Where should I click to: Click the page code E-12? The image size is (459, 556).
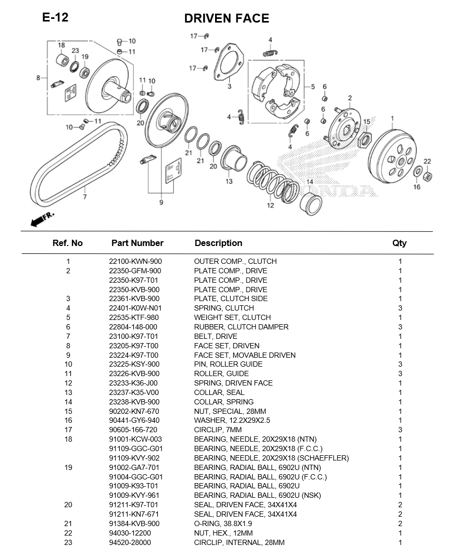(x=55, y=17)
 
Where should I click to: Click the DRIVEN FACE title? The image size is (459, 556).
(x=226, y=19)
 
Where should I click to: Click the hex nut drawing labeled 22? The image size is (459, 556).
(x=427, y=175)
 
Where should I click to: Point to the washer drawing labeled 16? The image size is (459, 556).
(x=418, y=172)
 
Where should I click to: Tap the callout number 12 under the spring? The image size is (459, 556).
(x=270, y=206)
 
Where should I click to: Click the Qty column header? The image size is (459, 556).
(x=399, y=243)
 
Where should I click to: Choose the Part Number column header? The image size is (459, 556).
(x=137, y=243)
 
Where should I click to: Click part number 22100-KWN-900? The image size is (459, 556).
(x=135, y=261)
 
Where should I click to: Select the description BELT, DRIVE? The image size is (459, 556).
(x=216, y=336)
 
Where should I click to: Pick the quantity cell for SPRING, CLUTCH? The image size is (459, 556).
(x=400, y=308)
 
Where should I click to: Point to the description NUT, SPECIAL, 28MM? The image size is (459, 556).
(x=230, y=411)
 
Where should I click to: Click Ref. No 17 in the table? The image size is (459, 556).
(x=68, y=430)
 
